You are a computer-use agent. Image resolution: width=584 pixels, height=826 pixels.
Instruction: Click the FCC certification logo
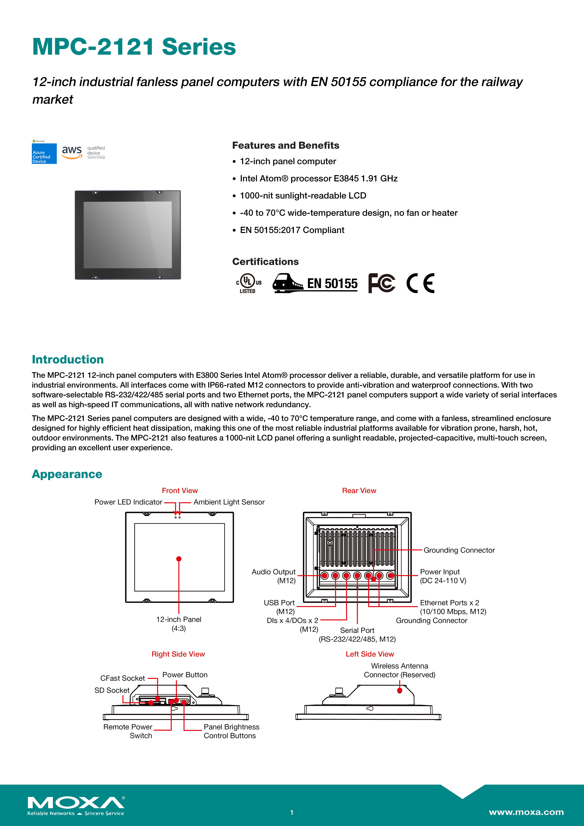381,283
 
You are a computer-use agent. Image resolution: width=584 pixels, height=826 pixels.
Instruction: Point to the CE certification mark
420,283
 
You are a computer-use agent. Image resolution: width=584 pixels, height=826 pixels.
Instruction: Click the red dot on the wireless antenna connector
399,690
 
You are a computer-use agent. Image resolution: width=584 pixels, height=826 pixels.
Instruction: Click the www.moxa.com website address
526,812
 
